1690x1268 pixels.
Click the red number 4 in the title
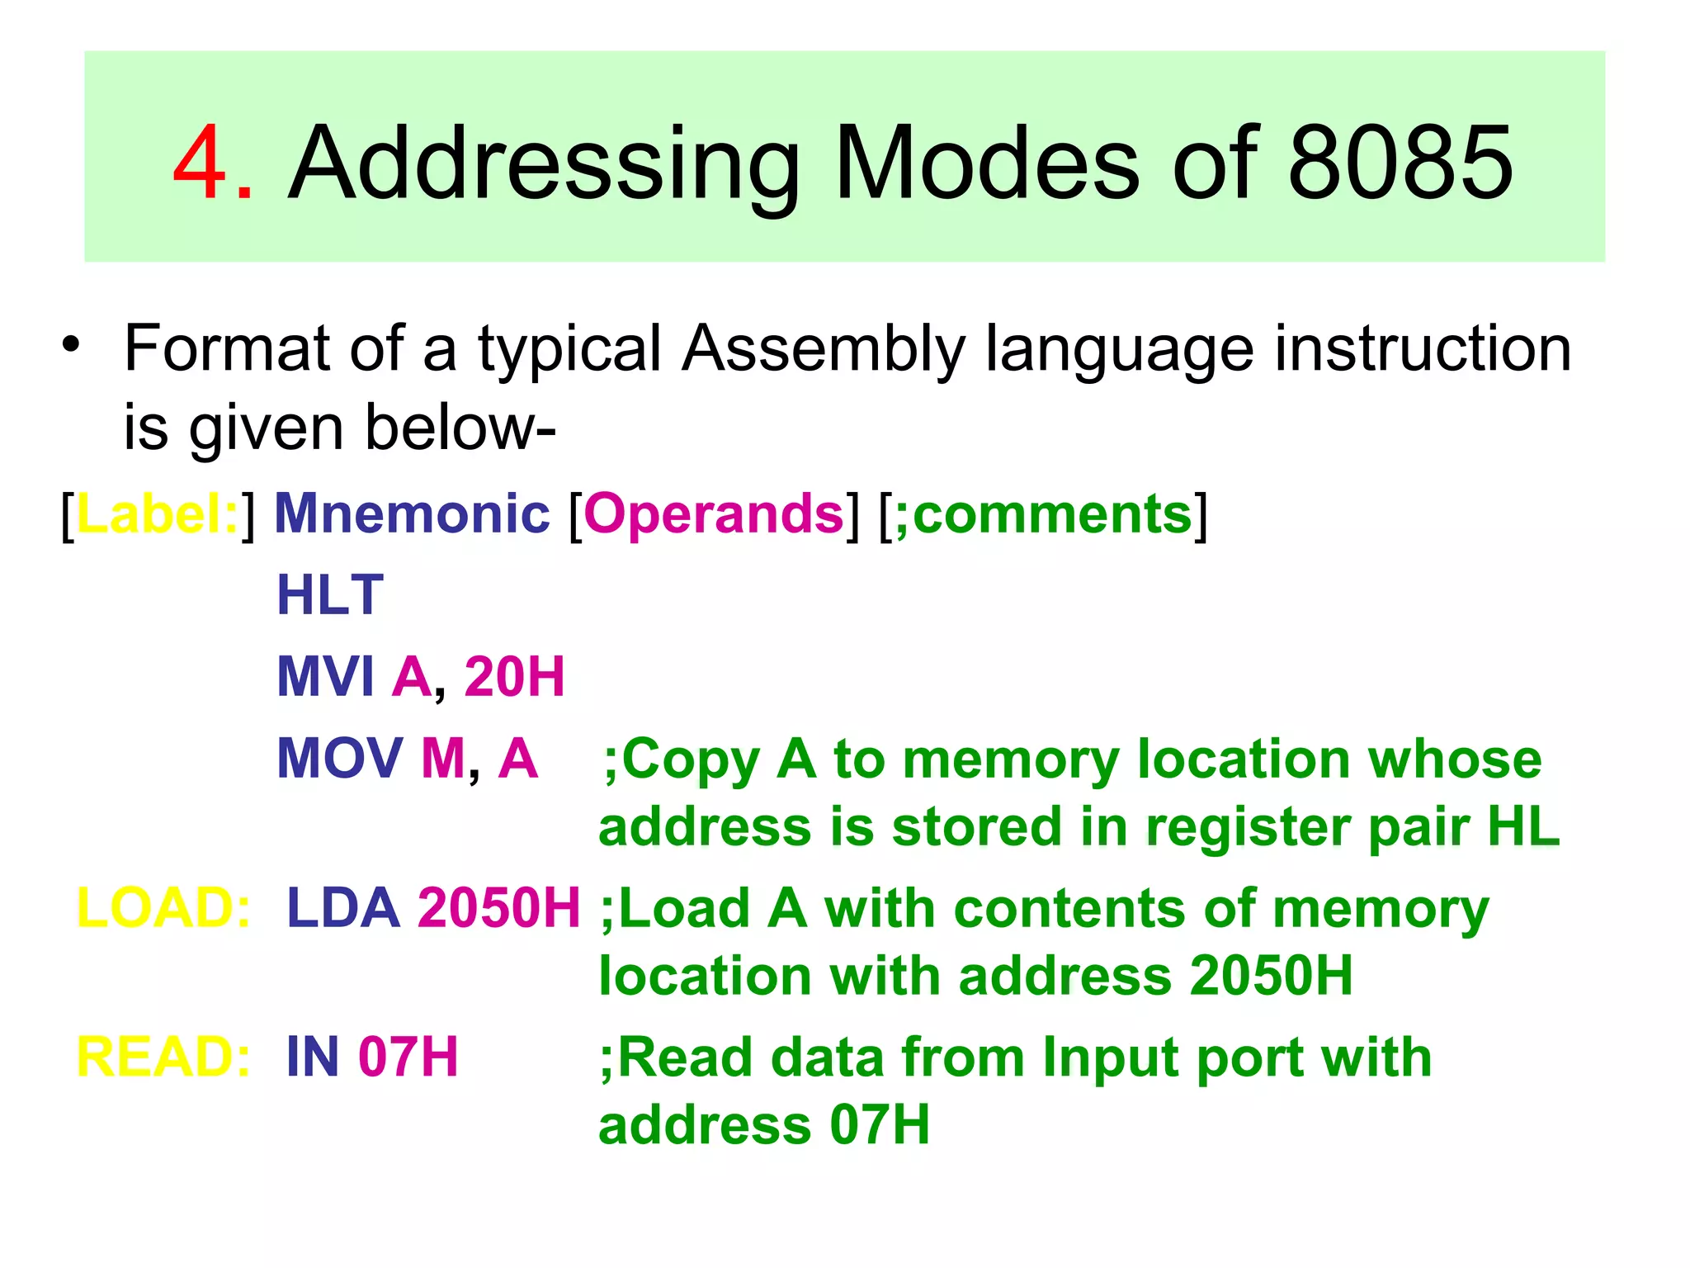tap(201, 163)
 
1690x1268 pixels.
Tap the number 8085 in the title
tap(1400, 163)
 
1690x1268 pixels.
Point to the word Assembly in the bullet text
tap(824, 348)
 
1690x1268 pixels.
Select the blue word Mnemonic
tap(412, 514)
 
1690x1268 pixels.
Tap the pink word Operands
tap(714, 514)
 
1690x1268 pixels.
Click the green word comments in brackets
tap(1052, 514)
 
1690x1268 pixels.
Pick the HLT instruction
tap(330, 595)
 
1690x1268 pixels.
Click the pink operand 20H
tap(514, 677)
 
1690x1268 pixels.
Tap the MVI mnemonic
tap(326, 677)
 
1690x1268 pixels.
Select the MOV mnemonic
tap(339, 758)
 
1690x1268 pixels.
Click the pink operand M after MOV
tap(443, 758)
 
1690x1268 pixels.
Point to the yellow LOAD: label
tap(163, 908)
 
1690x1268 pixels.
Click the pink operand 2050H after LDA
tap(499, 908)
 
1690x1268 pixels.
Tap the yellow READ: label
tap(163, 1057)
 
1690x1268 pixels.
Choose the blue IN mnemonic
tap(312, 1057)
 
